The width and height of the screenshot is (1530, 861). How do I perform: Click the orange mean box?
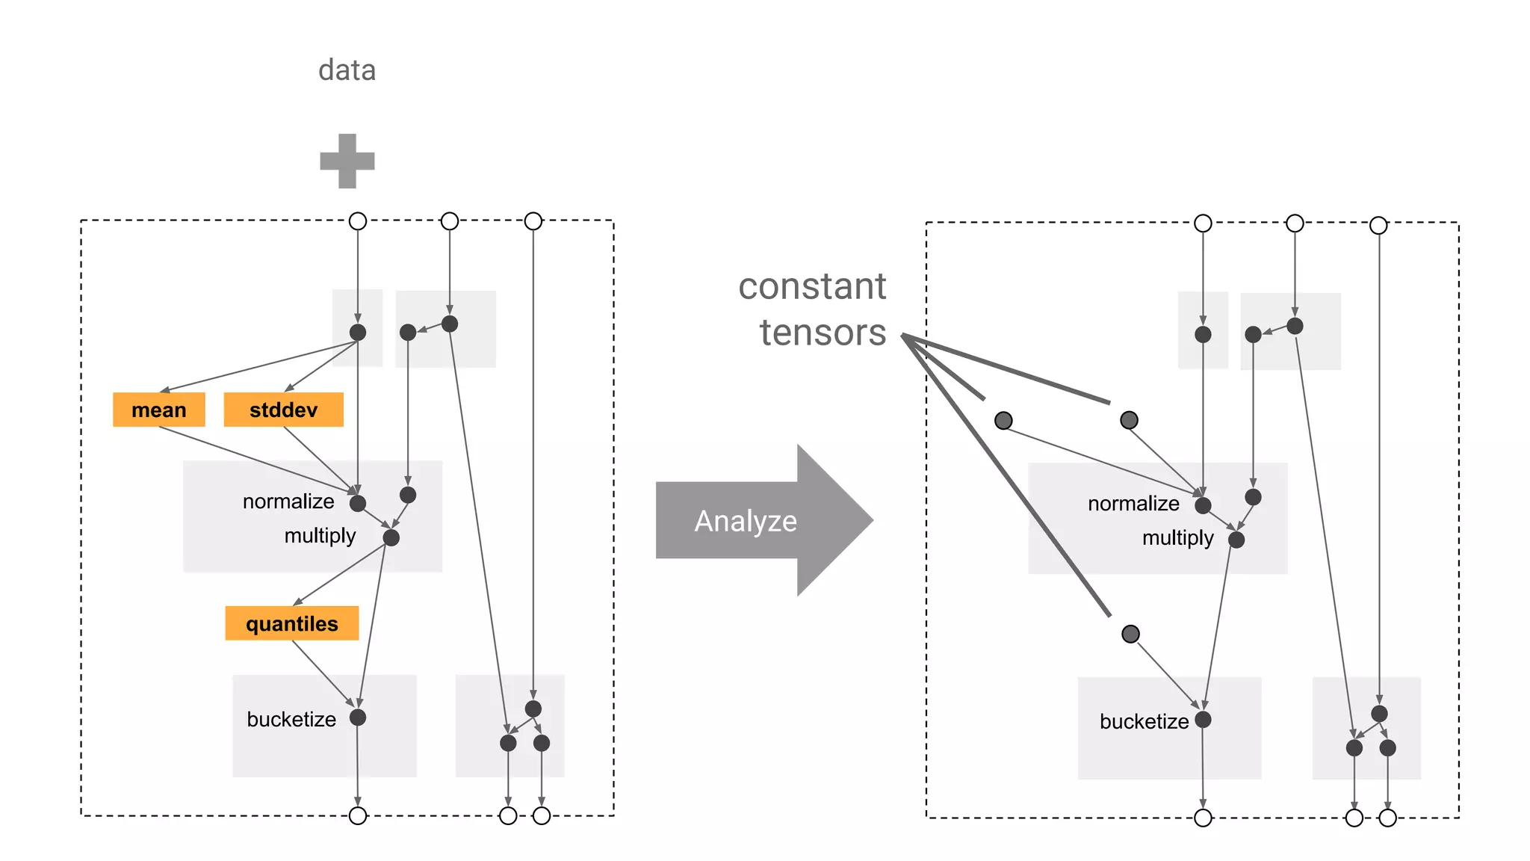158,410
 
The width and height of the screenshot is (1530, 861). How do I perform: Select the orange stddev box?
283,410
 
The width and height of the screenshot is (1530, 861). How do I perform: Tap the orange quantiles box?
291,623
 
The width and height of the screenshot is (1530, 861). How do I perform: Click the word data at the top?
347,70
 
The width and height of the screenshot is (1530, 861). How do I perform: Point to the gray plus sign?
347,161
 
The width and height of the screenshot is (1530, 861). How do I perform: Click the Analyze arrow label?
745,521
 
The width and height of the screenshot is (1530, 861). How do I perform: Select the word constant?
811,286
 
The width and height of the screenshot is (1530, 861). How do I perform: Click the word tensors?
823,333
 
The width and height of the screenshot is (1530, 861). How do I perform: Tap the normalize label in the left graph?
288,502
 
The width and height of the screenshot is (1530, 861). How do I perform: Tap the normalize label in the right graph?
1133,504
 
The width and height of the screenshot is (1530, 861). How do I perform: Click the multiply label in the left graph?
320,536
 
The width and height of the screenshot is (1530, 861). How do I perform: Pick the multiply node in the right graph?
1236,540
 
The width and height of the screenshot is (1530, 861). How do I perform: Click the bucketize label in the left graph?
291,720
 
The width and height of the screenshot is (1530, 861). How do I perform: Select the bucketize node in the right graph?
1203,720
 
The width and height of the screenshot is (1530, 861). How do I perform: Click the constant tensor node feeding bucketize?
1130,634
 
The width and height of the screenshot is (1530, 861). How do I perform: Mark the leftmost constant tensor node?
1003,421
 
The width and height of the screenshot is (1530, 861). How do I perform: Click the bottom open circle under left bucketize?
358,815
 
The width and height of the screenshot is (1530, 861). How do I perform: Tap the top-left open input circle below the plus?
358,221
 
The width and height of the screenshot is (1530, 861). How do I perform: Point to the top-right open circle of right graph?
1378,225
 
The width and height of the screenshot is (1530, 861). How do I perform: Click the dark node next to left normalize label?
358,504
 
